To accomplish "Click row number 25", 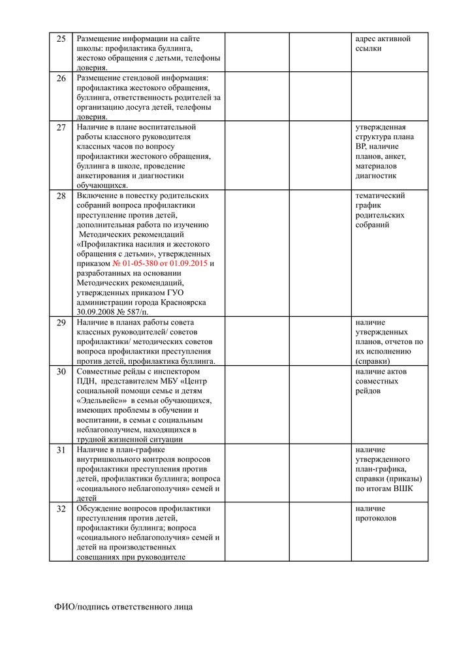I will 61,39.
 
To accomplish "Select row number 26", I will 61,78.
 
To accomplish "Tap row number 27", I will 61,127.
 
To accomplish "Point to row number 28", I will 61,196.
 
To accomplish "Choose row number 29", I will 61,323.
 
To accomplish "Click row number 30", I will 61,372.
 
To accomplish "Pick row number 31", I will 61,450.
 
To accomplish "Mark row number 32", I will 61,509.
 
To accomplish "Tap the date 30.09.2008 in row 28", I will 99,313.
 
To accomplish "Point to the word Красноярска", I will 183,303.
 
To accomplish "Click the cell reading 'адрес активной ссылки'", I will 383,44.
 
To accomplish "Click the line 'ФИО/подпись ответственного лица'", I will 123,607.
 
